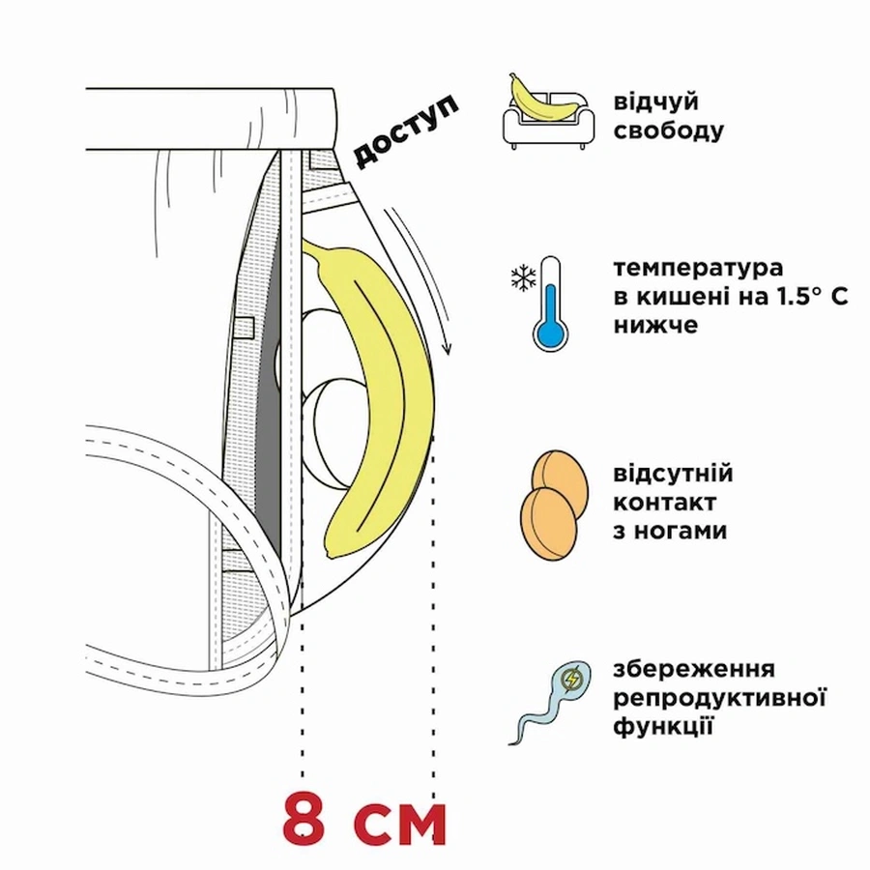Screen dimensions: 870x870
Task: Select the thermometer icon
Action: (550, 302)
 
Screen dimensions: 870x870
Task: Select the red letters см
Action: (398, 822)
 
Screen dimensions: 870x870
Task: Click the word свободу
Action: (667, 130)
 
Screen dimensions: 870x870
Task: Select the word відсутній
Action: (673, 475)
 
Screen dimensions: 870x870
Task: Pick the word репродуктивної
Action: (720, 698)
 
